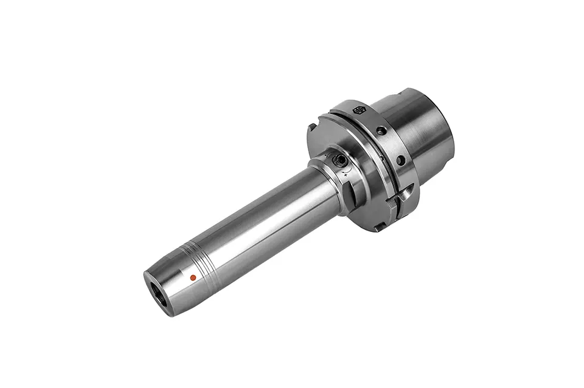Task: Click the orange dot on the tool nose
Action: pos(193,277)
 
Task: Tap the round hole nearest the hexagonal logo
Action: pos(381,131)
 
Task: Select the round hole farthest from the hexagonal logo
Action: pos(401,160)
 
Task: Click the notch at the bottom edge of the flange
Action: pos(378,226)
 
